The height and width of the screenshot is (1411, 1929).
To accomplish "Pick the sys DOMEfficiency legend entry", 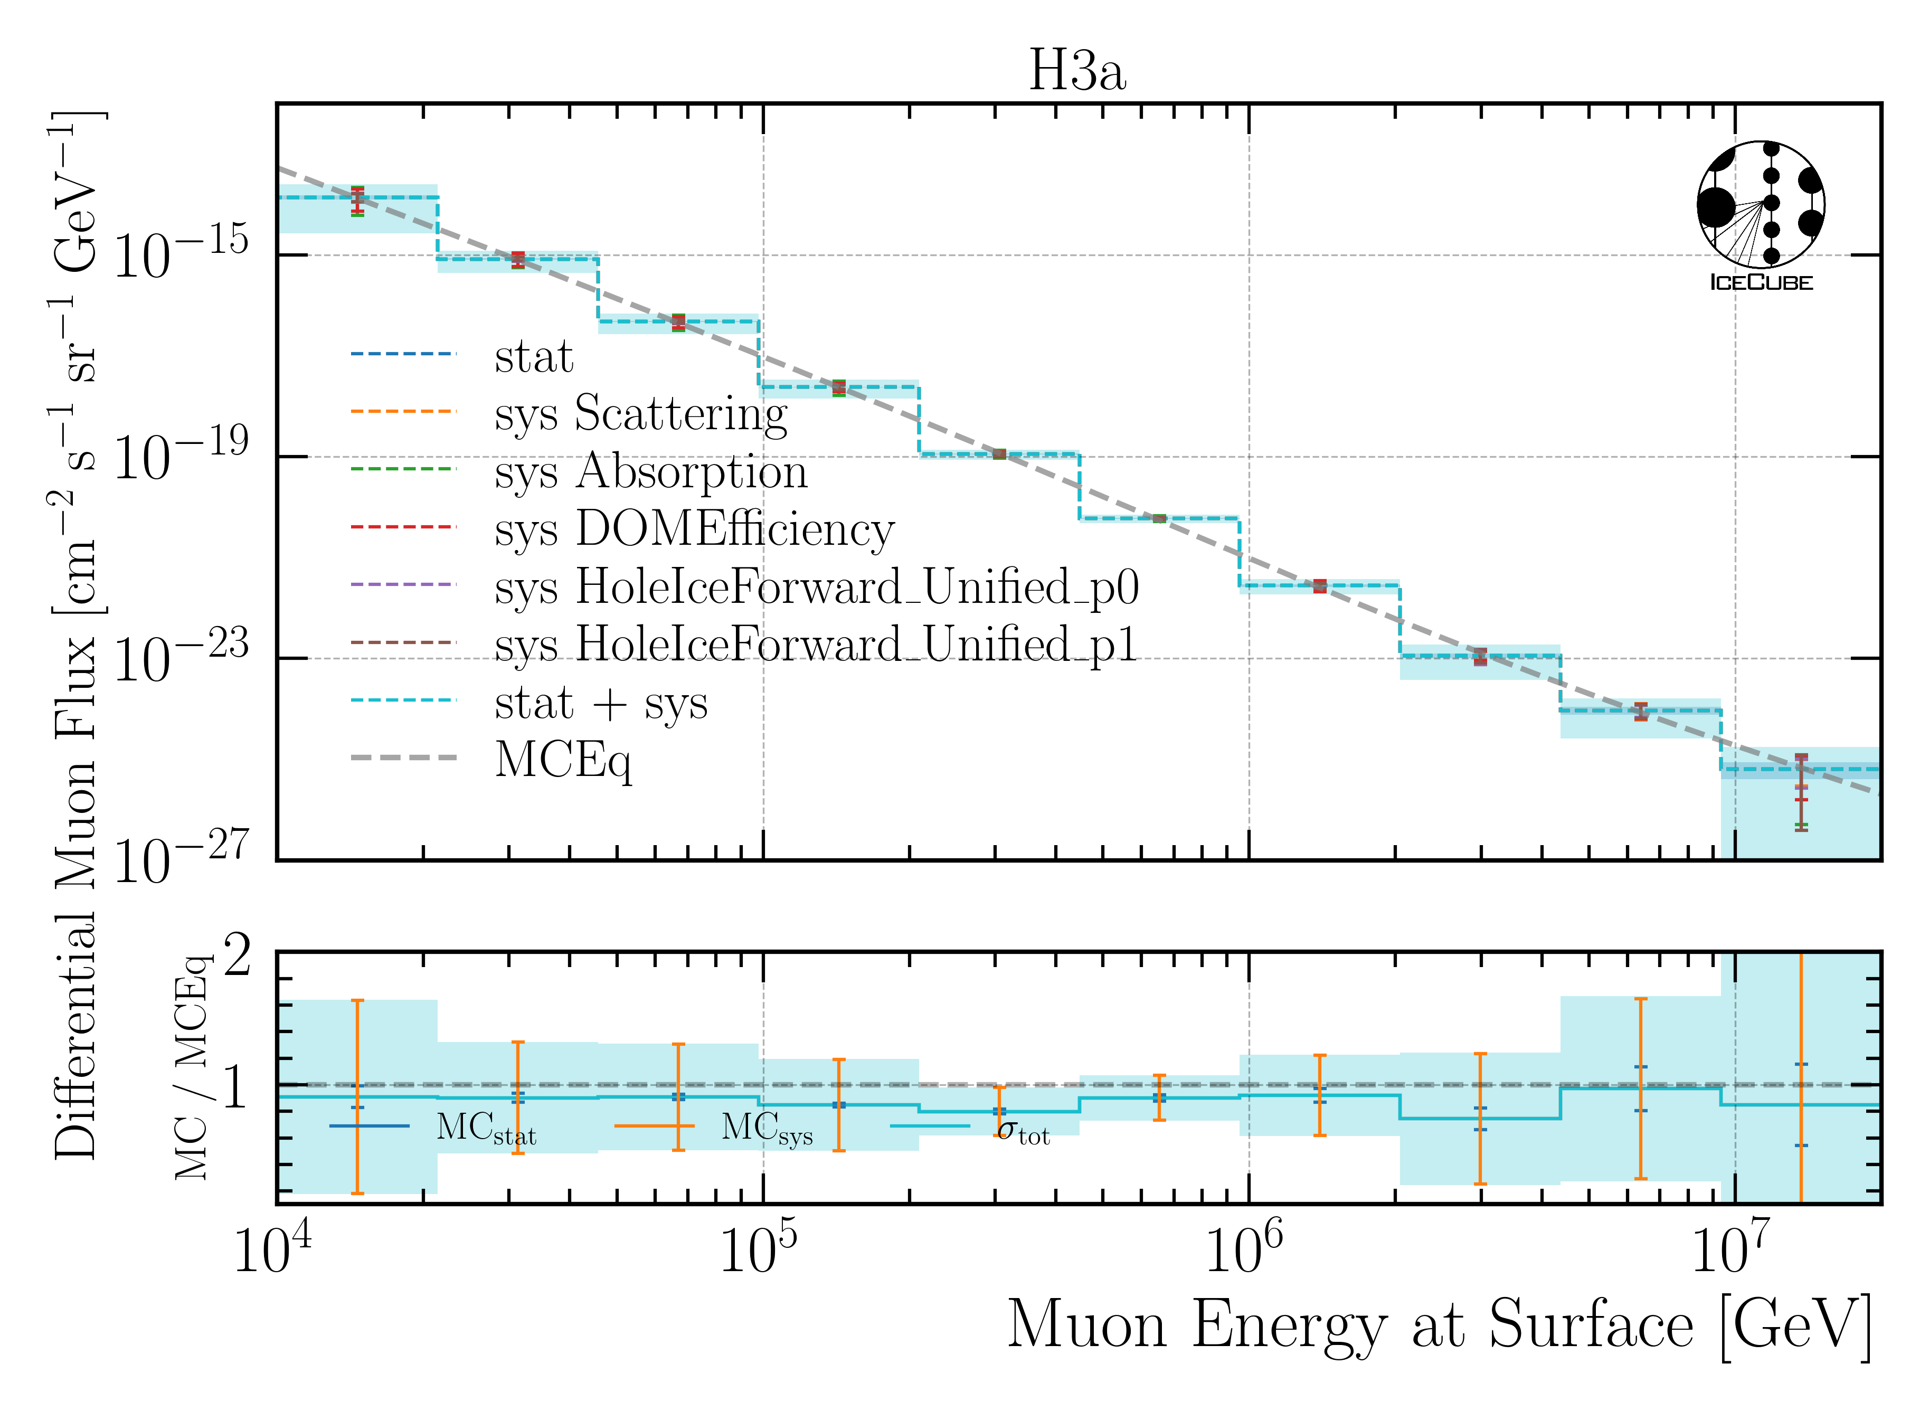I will coord(694,529).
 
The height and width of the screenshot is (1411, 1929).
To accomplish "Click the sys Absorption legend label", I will coord(650,471).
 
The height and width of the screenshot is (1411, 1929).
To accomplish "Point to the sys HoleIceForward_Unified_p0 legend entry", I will coord(816,587).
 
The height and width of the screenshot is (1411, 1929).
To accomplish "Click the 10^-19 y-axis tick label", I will coord(180,455).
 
